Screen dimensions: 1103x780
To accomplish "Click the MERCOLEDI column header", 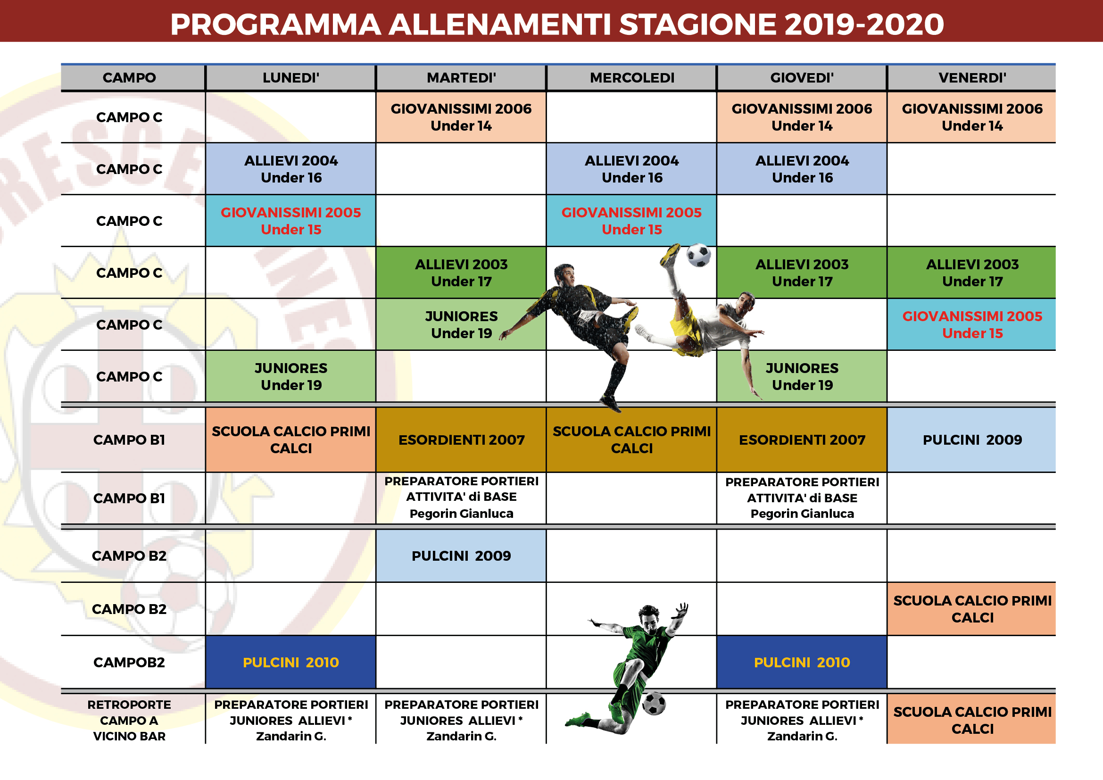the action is (631, 77).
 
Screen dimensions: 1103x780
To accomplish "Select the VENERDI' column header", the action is (971, 77).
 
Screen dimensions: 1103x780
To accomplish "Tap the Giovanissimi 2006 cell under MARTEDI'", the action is (461, 117).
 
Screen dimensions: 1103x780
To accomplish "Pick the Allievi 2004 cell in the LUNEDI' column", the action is (290, 169).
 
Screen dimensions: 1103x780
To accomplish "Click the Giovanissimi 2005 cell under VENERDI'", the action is (971, 324).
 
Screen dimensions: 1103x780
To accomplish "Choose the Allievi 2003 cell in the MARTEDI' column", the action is (461, 273).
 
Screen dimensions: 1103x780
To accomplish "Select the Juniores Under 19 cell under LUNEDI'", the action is (290, 376).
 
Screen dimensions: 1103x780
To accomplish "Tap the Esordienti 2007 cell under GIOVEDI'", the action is (802, 440).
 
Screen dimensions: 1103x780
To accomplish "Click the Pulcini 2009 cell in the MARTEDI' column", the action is (461, 556).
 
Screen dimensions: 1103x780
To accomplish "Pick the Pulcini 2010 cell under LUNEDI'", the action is (290, 662).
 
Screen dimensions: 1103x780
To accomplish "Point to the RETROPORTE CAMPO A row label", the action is (129, 720).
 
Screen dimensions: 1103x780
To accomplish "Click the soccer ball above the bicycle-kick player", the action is (698, 255).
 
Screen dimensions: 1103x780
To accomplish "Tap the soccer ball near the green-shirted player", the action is (654, 704).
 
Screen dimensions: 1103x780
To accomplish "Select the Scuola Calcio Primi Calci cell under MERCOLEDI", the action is (631, 440).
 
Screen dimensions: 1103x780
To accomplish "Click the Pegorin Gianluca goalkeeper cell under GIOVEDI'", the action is (802, 498).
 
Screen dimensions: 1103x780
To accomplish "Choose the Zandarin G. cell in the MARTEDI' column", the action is (461, 720).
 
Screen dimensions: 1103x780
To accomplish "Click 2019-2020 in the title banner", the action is (864, 24).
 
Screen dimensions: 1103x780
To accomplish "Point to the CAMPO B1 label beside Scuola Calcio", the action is (129, 440).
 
